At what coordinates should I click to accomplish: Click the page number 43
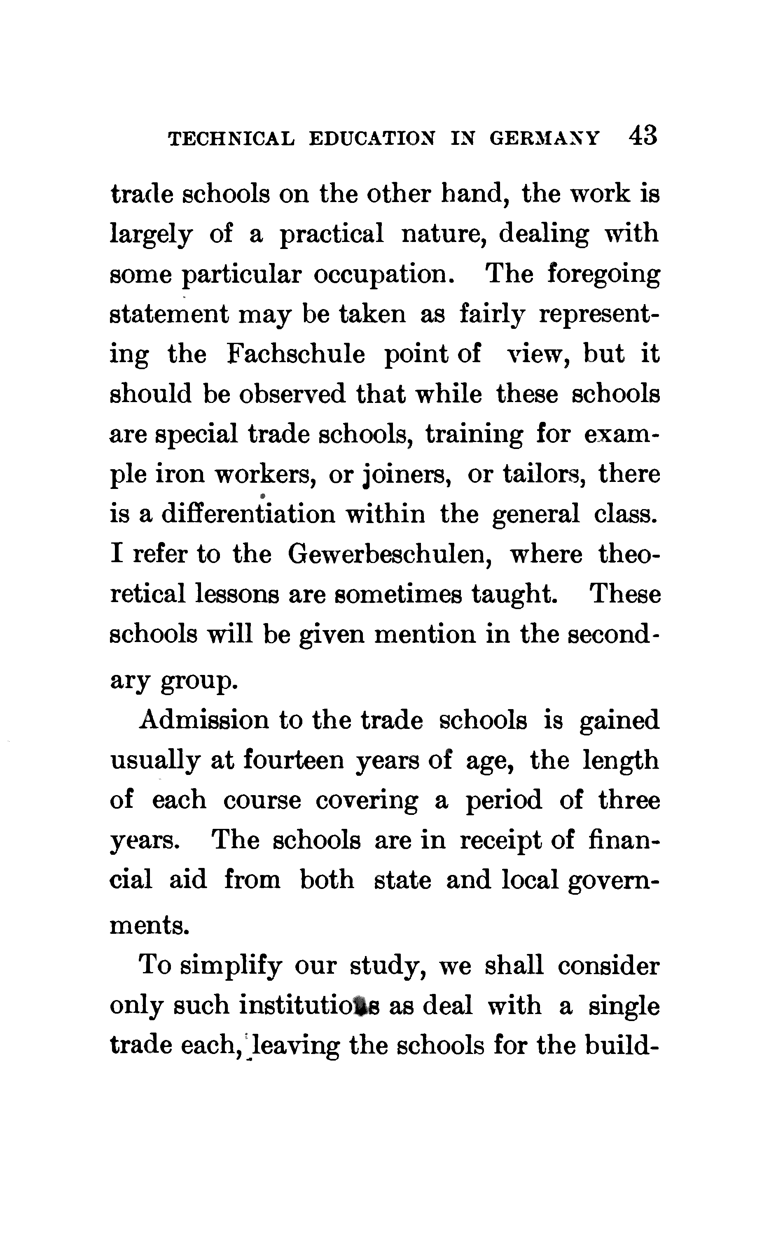[643, 137]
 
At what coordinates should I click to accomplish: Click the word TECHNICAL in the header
[231, 139]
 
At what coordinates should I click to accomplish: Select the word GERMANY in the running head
[545, 139]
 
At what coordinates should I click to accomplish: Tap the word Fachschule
[296, 354]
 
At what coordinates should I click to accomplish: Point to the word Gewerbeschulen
[390, 554]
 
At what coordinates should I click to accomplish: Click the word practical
[332, 234]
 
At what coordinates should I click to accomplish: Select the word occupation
[383, 275]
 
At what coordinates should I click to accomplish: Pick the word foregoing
[603, 274]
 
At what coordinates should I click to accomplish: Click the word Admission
[204, 720]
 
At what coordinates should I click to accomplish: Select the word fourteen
[293, 760]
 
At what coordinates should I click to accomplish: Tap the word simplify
[231, 967]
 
